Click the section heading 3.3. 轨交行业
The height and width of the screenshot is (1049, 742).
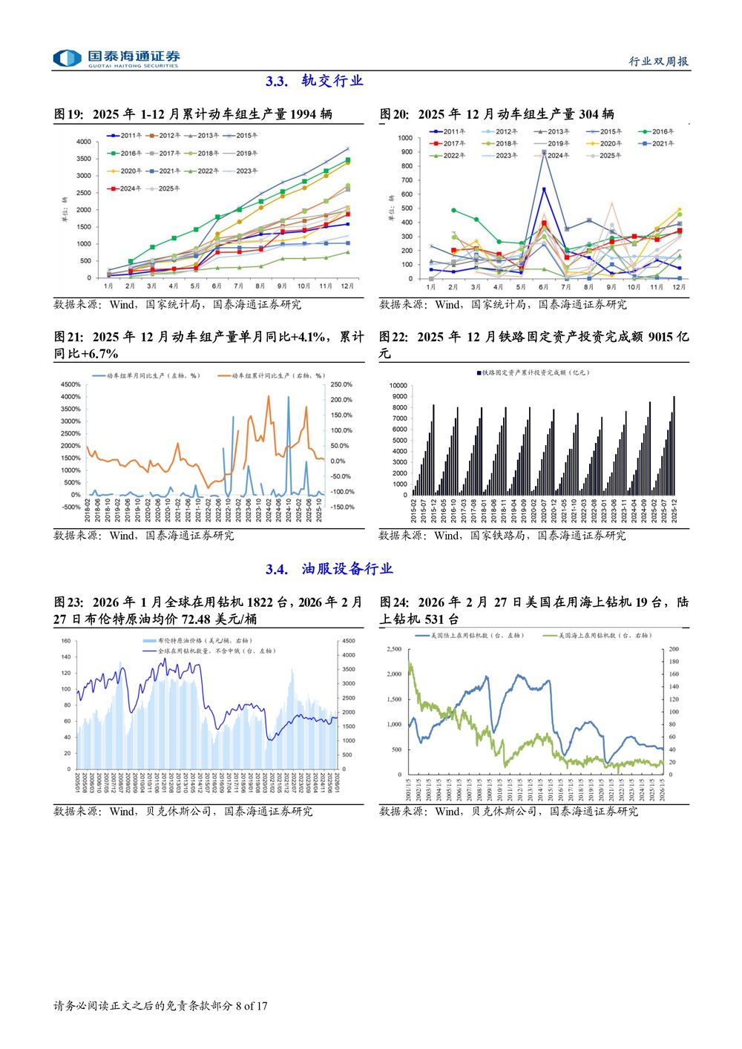click(314, 81)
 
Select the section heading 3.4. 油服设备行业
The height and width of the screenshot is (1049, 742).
click(329, 569)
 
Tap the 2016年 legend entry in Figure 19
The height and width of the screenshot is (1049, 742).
click(126, 154)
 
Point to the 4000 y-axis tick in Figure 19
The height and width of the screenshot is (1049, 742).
click(84, 142)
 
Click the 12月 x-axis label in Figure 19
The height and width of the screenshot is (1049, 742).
click(347, 286)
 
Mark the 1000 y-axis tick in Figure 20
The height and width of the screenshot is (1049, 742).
click(405, 138)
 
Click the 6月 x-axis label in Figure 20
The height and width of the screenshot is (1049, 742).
click(543, 287)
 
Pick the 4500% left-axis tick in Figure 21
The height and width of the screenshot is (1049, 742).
click(70, 384)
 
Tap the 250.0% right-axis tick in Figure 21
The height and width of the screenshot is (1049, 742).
click(341, 384)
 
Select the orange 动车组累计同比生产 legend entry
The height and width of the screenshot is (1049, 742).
click(272, 376)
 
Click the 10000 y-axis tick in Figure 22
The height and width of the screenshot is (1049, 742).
click(398, 386)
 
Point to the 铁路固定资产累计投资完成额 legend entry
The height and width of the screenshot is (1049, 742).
click(533, 372)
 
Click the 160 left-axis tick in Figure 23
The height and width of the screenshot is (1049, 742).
click(66, 641)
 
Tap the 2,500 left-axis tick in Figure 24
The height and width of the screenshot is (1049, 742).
click(393, 649)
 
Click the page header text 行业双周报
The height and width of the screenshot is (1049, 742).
click(659, 61)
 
